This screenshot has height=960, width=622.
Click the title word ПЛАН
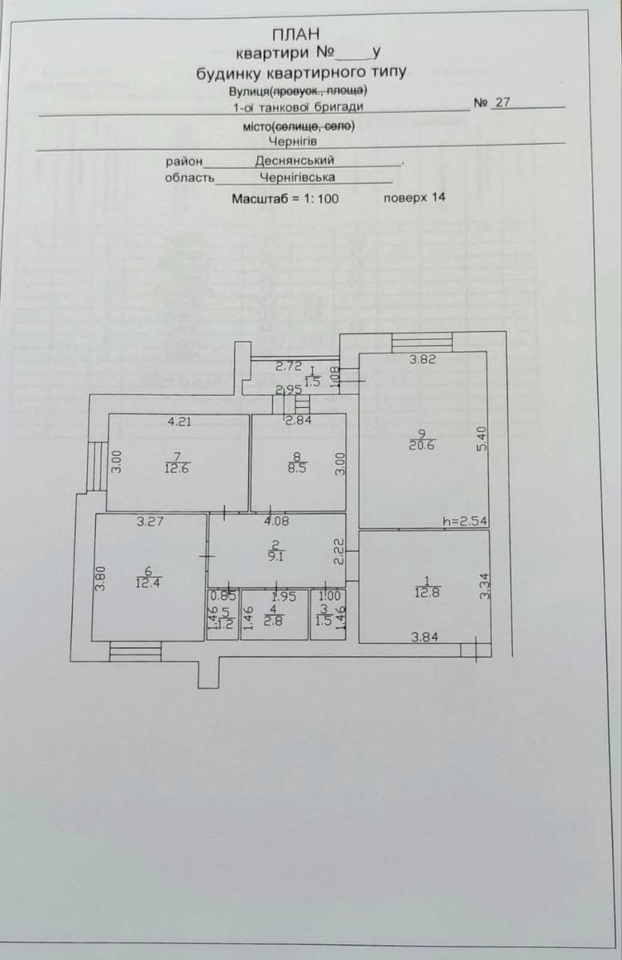(x=296, y=34)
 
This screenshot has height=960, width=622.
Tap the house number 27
(x=502, y=102)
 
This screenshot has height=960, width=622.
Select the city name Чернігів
(x=293, y=141)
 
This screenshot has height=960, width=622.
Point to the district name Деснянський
(x=295, y=160)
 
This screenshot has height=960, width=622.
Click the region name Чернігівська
(x=297, y=177)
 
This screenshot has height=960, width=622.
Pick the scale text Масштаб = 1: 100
(x=285, y=199)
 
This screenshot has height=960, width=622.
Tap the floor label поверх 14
(x=415, y=198)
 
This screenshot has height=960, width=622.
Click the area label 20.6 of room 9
(x=422, y=445)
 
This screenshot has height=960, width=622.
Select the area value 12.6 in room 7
(x=177, y=468)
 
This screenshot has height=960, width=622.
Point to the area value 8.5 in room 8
(x=297, y=466)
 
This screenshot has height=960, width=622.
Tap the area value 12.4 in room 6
(x=148, y=582)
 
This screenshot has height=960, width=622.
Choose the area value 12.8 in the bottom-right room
(x=427, y=593)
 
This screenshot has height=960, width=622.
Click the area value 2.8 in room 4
(x=274, y=621)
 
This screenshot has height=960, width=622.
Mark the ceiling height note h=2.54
(x=465, y=522)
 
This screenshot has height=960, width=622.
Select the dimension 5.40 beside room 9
(x=482, y=438)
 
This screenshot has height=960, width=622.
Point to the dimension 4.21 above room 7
(x=179, y=422)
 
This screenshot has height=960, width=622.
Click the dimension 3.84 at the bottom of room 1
(x=425, y=638)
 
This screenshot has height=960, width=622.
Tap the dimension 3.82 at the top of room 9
(x=423, y=359)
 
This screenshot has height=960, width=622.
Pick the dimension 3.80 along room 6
(x=100, y=579)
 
